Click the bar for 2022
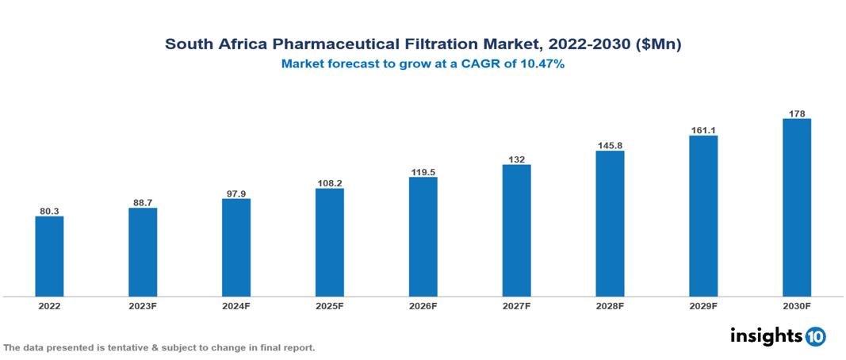click(49, 256)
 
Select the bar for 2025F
click(329, 242)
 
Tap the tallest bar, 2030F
click(796, 208)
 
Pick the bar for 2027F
click(516, 231)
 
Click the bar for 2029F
click(703, 216)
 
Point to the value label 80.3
click(49, 211)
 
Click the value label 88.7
click(143, 202)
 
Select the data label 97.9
click(236, 193)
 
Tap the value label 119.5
click(423, 171)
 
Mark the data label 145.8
click(610, 145)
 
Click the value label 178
click(797, 113)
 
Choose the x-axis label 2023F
click(143, 305)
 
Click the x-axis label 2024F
click(236, 305)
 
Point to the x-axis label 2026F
click(423, 305)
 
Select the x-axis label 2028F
click(610, 305)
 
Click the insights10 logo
click(778, 336)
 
